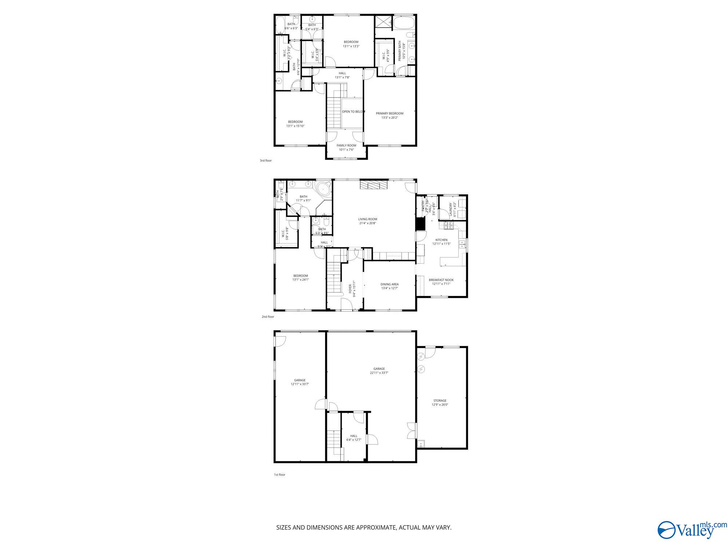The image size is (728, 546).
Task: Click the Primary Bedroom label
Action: pyautogui.click(x=389, y=114)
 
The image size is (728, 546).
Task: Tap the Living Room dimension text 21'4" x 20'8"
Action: pyautogui.click(x=367, y=223)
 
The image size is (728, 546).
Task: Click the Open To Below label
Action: pyautogui.click(x=353, y=112)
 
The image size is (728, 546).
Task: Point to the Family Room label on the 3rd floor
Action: pyautogui.click(x=346, y=146)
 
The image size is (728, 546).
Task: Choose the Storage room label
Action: pyautogui.click(x=440, y=401)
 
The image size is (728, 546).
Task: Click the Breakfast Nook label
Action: pyautogui.click(x=441, y=280)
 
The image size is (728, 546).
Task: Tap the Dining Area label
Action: pyautogui.click(x=389, y=284)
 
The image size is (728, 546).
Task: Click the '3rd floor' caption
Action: pyautogui.click(x=266, y=161)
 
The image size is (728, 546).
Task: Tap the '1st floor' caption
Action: pyautogui.click(x=280, y=475)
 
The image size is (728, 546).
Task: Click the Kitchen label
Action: pyautogui.click(x=442, y=240)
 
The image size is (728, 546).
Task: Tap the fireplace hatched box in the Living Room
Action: pyautogui.click(x=374, y=186)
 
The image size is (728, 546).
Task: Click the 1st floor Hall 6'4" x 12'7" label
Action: pyautogui.click(x=353, y=436)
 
